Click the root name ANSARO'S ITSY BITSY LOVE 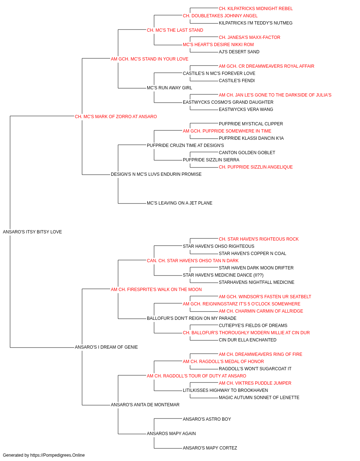32,232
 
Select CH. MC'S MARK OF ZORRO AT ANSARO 116,117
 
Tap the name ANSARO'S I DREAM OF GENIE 106,347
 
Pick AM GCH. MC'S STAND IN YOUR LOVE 149,59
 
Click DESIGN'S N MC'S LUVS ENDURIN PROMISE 156,174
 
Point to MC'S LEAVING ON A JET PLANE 179,203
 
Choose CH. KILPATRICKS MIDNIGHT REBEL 256,9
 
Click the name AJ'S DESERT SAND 239,52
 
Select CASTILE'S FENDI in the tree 237,81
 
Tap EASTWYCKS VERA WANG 246,109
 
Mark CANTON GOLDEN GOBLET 247,153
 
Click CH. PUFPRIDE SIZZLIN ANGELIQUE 256,167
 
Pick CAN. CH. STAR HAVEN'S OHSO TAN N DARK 193,261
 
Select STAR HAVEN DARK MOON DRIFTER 256,268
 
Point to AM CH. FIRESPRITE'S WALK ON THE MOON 156,290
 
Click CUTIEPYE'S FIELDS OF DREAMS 253,326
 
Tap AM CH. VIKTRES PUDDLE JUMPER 255,383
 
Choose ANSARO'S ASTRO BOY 207,419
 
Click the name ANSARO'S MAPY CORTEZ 210,448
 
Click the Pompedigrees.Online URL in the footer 57,455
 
